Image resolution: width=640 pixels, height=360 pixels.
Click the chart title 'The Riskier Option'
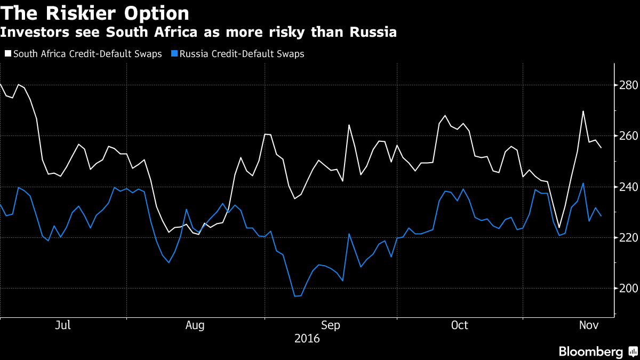point(95,13)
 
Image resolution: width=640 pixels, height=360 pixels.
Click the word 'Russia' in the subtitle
point(373,32)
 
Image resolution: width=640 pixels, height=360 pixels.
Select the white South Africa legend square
point(7,54)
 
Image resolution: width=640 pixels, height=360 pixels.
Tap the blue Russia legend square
point(174,54)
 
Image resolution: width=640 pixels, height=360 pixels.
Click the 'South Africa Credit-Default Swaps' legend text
point(87,54)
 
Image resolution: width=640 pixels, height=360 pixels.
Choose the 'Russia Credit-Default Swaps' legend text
point(242,54)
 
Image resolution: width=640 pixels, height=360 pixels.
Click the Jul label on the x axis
point(63,325)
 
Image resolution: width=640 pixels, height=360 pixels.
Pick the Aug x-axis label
point(195,325)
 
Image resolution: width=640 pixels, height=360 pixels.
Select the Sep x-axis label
point(330,325)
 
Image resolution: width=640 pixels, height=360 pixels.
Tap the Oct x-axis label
point(459,325)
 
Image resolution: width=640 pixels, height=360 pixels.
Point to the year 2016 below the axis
point(307,339)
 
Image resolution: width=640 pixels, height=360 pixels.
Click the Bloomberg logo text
point(591,351)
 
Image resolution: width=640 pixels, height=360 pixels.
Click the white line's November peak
point(583,111)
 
